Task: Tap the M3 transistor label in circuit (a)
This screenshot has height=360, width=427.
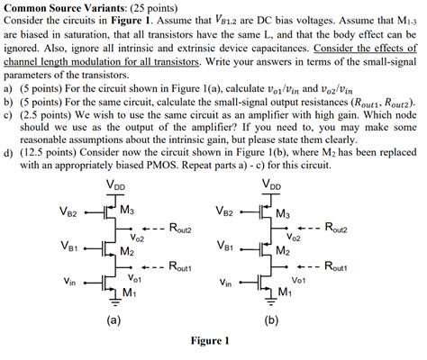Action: pyautogui.click(x=128, y=212)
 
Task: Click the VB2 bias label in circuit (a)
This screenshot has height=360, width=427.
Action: pyautogui.click(x=69, y=213)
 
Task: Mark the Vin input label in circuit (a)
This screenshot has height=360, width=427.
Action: pyautogui.click(x=70, y=281)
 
